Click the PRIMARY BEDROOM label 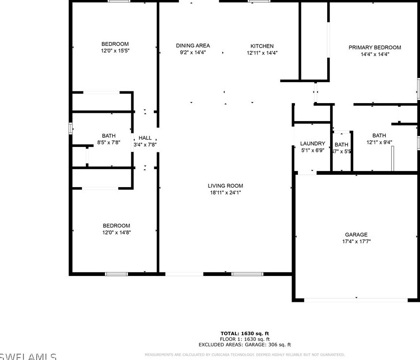tap(375, 47)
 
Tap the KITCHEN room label tap(262, 46)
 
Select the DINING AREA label tap(193, 46)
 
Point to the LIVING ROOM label tap(225, 186)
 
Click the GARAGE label tap(356, 235)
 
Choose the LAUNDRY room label tap(313, 144)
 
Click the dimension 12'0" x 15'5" tap(115, 51)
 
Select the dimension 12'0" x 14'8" tap(116, 233)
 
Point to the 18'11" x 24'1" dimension tap(225, 192)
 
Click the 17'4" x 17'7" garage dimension tap(356, 242)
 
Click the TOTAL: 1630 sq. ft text tap(245, 333)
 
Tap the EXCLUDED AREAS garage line tap(245, 344)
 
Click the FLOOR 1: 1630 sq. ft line tap(245, 339)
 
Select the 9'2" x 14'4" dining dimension tap(193, 53)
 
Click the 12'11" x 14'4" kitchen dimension tap(262, 53)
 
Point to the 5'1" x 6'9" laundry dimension tap(313, 150)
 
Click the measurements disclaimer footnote tap(245, 355)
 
